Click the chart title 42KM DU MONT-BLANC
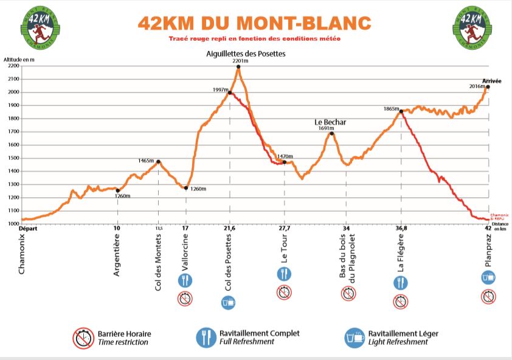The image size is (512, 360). [254, 23]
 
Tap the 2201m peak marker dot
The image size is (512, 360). [238, 67]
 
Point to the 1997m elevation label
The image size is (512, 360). [220, 89]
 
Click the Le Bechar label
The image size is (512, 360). [330, 122]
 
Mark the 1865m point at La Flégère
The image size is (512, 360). [401, 111]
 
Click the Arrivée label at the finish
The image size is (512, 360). [491, 81]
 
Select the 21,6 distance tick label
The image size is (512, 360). [230, 228]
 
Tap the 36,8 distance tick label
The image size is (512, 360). [401, 228]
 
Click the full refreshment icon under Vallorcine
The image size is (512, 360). [185, 280]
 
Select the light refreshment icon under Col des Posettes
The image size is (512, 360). [228, 302]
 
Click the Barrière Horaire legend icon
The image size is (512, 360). [83, 337]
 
